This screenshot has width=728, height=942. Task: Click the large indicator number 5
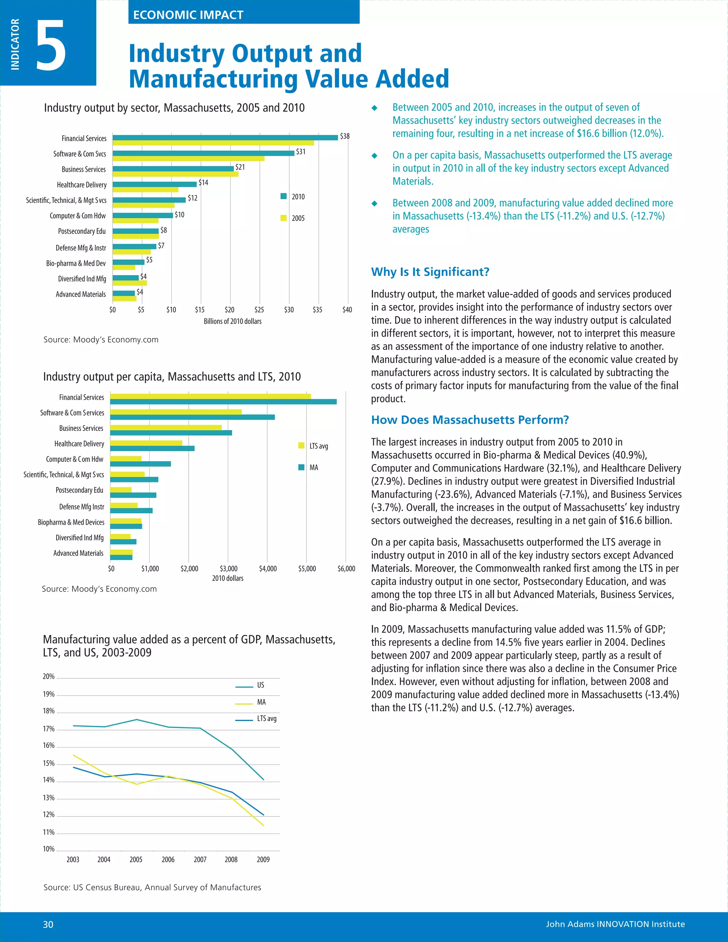point(51,45)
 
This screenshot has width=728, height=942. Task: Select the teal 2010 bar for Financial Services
point(225,138)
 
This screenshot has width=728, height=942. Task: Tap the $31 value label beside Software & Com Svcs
point(301,152)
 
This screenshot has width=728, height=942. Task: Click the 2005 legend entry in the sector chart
point(293,218)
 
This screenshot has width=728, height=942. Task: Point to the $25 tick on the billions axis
point(259,310)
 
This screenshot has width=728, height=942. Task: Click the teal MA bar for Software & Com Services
point(192,417)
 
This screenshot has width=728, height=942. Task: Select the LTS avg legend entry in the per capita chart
point(314,446)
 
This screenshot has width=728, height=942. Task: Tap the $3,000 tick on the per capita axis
point(228,568)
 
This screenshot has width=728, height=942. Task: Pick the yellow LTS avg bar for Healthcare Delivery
point(146,443)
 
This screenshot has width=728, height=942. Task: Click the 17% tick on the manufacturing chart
point(49,729)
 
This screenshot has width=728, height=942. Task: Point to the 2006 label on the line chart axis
point(168,859)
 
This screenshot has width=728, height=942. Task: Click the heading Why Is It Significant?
point(430,272)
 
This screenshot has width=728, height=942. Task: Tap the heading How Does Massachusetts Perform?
point(470,420)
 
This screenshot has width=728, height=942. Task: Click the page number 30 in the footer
point(48,924)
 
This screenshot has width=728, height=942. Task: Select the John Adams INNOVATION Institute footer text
point(615,924)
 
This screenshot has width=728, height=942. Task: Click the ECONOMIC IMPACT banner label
point(188,15)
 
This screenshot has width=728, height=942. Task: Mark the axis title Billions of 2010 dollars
point(232,321)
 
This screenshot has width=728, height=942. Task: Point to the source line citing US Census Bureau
point(152,887)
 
